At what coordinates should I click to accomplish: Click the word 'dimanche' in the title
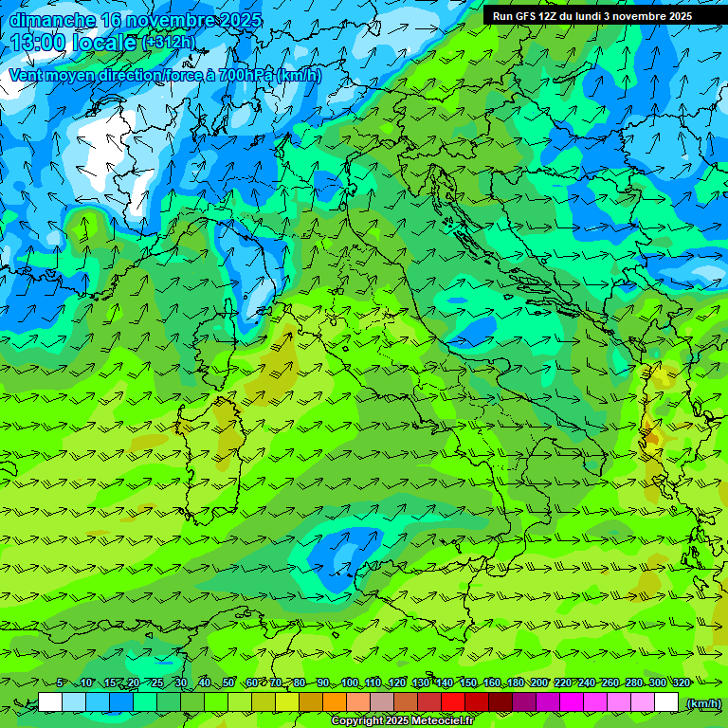[51, 20]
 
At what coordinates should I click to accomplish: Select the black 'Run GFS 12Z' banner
[605, 16]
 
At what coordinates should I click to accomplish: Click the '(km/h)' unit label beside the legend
[702, 702]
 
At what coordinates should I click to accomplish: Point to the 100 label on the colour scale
[350, 682]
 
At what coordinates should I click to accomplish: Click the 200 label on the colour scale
[539, 682]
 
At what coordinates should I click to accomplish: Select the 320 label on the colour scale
[682, 682]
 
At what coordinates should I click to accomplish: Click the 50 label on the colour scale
[228, 682]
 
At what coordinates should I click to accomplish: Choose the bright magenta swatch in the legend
[572, 702]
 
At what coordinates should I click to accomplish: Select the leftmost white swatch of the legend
[50, 702]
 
